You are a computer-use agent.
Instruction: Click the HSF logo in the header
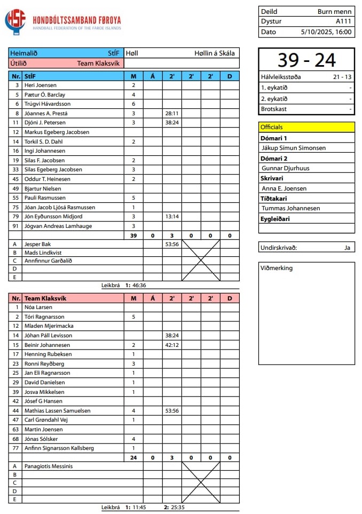15,22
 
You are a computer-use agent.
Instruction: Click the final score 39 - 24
306,60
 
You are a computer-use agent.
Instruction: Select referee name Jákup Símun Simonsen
293,148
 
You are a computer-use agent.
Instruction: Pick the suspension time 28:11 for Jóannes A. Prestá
172,113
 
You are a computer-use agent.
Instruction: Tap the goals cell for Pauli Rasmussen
133,197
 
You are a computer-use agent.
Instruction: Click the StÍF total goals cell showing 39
133,235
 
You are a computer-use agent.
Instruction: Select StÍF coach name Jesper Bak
37,244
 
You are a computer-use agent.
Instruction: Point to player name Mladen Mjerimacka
49,326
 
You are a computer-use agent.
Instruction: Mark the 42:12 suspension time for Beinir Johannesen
172,345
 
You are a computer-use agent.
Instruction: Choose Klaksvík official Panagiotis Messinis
49,466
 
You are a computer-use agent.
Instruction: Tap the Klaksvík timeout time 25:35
177,508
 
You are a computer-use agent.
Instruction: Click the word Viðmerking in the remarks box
277,268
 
